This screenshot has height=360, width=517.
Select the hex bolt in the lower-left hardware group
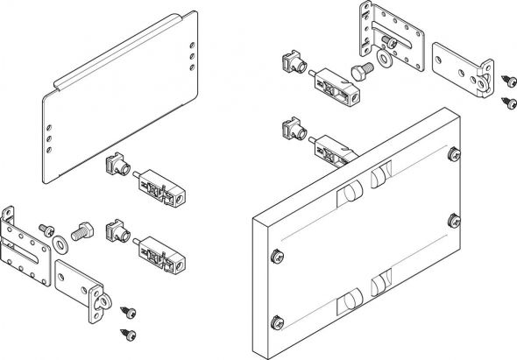81,231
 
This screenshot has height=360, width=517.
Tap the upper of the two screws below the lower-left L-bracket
131,311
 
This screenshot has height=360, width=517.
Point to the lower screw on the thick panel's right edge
454,219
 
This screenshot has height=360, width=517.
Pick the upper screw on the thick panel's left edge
278,255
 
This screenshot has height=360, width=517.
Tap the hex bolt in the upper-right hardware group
359,69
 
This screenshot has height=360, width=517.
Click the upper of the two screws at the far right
506,80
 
